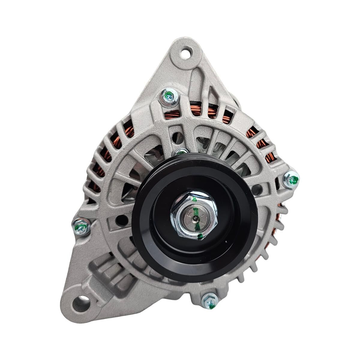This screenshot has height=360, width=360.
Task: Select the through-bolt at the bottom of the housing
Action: (209, 299)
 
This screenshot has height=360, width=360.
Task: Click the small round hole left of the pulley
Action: (122, 218)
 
